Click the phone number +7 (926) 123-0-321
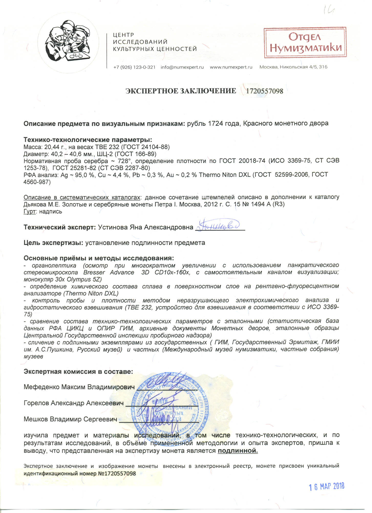pyautogui.click(x=134, y=67)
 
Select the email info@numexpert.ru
pyautogui.click(x=182, y=67)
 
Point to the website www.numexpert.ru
pyautogui.click(x=231, y=67)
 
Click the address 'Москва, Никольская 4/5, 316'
pyautogui.click(x=293, y=67)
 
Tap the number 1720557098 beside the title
pyautogui.click(x=264, y=91)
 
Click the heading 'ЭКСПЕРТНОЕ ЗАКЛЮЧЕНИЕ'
pyautogui.click(x=181, y=91)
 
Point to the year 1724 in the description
pyautogui.click(x=215, y=123)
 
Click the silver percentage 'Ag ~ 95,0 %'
pyautogui.click(x=77, y=175)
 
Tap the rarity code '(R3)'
pyautogui.click(x=278, y=204)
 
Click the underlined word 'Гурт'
pyautogui.click(x=29, y=211)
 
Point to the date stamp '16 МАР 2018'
pyautogui.click(x=326, y=486)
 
